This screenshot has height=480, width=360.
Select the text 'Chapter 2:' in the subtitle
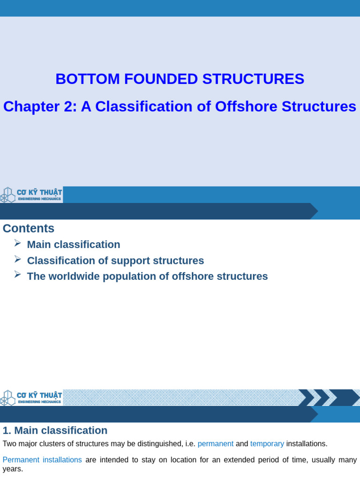(x=40, y=106)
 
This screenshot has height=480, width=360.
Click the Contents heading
(x=29, y=228)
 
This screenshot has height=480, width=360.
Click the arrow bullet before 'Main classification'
(x=17, y=243)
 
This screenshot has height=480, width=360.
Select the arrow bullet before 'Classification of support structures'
(x=17, y=259)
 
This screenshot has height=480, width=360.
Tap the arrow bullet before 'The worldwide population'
(x=17, y=274)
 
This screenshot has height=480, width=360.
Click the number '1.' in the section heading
(x=7, y=430)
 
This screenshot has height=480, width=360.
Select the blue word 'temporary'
(x=267, y=443)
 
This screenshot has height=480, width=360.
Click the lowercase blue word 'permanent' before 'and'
(x=215, y=443)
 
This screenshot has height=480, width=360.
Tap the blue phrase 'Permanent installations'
(x=42, y=460)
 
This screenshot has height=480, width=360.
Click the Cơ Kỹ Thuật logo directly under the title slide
(x=31, y=195)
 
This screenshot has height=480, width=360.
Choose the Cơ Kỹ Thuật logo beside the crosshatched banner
(x=31, y=397)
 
